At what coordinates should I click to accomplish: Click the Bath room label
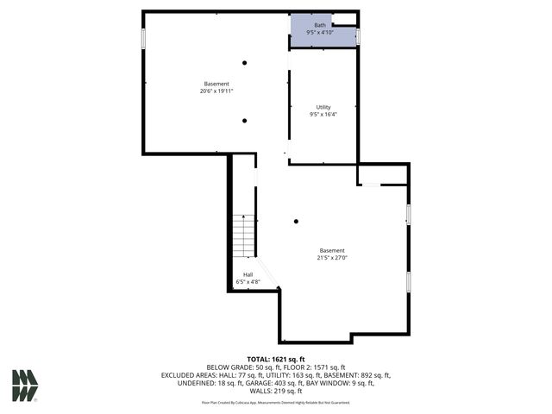coord(320,25)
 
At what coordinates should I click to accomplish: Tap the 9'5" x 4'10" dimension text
coord(320,33)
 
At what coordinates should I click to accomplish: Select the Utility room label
coord(323,107)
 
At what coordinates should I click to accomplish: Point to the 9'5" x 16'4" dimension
coord(323,115)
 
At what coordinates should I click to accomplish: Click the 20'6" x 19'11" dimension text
coord(216,91)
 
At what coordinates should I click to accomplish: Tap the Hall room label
coord(248,274)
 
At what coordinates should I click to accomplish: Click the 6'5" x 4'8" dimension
coord(248,282)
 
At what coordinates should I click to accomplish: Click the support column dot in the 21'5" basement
coord(297,221)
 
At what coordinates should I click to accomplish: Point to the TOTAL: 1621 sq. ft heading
coord(276,359)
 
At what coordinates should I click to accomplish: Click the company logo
coord(25,386)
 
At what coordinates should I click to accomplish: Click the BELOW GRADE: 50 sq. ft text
coord(242,367)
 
